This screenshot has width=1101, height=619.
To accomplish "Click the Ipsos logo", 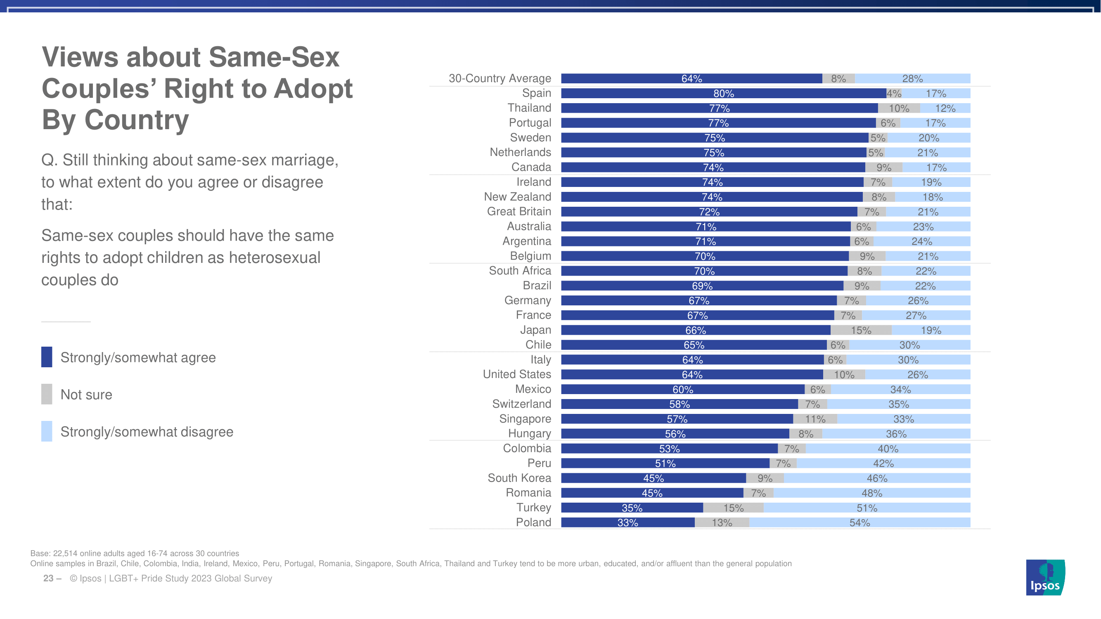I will click(1045, 577).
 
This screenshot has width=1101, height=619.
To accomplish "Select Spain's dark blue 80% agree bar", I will click(723, 94).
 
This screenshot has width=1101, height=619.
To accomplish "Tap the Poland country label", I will click(533, 522).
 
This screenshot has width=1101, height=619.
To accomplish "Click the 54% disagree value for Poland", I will click(859, 522).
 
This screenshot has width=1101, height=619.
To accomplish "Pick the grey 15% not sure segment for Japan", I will click(861, 330).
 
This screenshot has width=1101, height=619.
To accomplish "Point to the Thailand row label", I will click(529, 108).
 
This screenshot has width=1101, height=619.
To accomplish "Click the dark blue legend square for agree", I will click(47, 357).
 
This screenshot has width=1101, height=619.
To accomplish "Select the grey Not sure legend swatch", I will click(47, 394).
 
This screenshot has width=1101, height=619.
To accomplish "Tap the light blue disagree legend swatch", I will click(47, 431).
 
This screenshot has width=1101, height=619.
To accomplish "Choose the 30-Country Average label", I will click(500, 78).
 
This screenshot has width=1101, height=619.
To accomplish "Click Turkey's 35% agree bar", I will click(632, 508).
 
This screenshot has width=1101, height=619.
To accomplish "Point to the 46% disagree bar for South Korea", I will click(876, 478).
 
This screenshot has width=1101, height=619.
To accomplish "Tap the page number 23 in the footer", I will click(48, 579).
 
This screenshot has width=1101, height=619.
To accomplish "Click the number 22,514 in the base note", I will click(65, 553).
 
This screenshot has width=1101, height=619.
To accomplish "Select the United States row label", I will click(517, 374).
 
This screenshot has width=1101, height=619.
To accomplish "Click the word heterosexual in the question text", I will click(275, 258).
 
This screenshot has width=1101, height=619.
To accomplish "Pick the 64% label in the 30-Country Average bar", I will click(691, 78).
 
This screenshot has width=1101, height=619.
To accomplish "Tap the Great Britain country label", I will click(519, 211).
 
